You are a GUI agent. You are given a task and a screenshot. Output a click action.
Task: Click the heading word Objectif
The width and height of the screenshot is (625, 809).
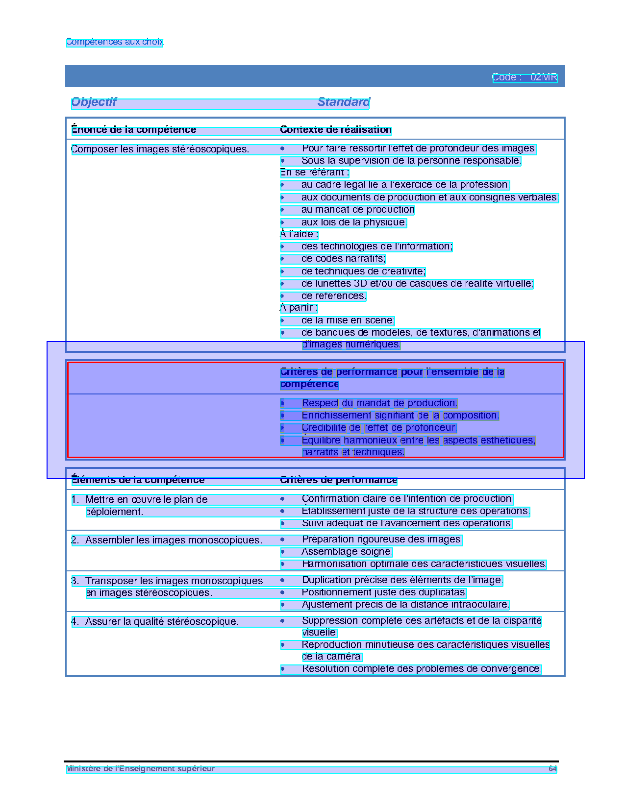pos(94,102)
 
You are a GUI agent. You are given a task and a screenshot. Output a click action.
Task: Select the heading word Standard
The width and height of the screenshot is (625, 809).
pos(343,102)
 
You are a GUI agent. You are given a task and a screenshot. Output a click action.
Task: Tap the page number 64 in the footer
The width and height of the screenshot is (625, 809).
pos(552,769)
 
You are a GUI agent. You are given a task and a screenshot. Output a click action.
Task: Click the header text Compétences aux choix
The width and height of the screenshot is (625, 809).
pos(114,42)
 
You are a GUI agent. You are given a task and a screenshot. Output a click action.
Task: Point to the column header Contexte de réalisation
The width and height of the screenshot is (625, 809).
pos(335,130)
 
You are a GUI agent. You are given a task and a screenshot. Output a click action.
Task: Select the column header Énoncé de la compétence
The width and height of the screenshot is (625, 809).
pos(134,130)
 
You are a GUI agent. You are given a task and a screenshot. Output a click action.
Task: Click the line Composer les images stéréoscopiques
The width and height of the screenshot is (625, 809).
pos(160,149)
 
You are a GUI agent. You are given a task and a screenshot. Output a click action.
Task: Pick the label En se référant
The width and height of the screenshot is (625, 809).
pos(314,172)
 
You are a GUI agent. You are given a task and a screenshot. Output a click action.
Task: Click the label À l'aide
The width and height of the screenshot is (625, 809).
pos(299,234)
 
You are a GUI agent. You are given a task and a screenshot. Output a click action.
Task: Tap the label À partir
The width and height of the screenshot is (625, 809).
pos(299,308)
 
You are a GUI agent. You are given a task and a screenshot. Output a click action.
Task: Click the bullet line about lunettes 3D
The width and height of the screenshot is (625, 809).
pos(417,284)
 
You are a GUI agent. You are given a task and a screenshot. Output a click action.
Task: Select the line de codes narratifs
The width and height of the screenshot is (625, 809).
pos(343,259)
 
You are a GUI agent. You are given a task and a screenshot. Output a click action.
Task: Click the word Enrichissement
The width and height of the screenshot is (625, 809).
pos(336,416)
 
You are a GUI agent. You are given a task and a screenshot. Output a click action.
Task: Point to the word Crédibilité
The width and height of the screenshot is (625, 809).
pos(324,428)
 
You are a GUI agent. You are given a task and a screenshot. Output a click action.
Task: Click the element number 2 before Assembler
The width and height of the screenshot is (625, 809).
pos(75,540)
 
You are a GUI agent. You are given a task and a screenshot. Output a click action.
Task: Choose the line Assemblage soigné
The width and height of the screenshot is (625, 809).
pos(347,552)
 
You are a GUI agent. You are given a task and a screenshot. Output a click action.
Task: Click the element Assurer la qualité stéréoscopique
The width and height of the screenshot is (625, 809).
pos(162,622)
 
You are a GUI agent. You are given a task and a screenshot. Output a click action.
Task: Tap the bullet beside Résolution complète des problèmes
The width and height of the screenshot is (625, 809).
pos(282,669)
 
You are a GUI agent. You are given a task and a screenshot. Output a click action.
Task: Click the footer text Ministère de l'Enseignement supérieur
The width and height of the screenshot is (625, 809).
pos(141,769)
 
